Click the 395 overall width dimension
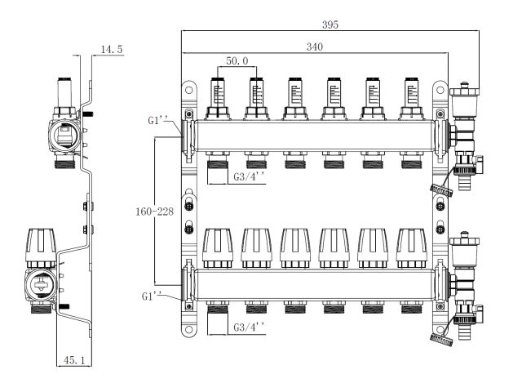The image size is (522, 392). coord(330,24)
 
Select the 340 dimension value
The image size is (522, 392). coord(315,48)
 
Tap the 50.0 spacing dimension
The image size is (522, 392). coord(237,61)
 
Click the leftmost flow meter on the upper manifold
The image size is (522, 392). coord(218,94)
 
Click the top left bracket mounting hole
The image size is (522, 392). coord(189,86)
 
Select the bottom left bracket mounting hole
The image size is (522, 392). coord(189,330)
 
